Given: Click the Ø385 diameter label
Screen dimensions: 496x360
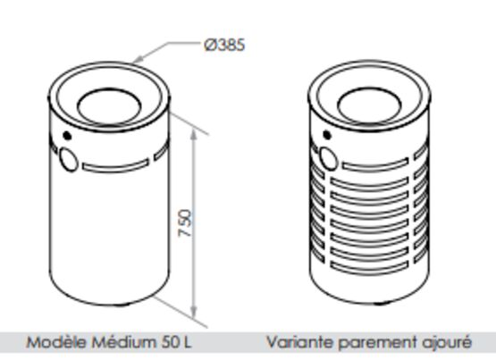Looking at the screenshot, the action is coord(224,46).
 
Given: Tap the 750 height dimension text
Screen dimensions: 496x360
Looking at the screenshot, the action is coord(185,223).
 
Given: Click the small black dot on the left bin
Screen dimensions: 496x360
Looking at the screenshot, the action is coord(67,136).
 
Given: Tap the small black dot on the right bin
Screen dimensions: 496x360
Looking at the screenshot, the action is coord(327,135).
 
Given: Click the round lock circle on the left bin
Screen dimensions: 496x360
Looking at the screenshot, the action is coord(68,160).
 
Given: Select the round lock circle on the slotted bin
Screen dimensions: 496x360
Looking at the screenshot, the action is coord(328,160).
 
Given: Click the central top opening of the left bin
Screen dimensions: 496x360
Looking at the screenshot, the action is coord(109,105).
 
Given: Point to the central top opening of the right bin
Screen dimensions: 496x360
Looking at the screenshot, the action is coord(369,105).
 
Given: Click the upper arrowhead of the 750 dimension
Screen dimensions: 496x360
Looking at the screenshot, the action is coord(194,135).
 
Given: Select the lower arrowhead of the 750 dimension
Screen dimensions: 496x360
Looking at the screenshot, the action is coord(194,312).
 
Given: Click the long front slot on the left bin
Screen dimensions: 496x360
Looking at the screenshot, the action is coord(115,166).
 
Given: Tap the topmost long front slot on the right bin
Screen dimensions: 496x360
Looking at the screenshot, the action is coord(375,165).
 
